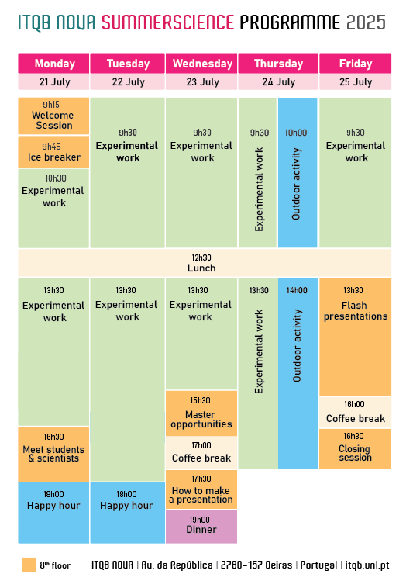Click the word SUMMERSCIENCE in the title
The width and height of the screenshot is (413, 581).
[x=167, y=22]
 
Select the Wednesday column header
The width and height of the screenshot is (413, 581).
[x=201, y=64]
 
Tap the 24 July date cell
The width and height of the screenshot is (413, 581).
[x=278, y=82]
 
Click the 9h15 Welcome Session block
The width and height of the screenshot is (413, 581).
[x=53, y=116]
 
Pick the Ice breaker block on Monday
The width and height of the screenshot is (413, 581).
[x=53, y=152]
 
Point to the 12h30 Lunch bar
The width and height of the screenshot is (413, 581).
[x=205, y=263]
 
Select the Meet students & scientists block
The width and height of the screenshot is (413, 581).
[x=53, y=454]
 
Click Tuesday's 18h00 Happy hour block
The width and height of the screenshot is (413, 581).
[x=128, y=513]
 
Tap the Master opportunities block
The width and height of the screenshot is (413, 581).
[x=201, y=413]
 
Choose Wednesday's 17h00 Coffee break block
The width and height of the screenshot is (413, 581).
[x=201, y=453]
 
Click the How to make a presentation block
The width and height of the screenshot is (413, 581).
[x=201, y=489]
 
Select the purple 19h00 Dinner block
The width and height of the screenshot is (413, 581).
[x=201, y=527]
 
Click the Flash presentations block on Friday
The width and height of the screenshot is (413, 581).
[x=355, y=337]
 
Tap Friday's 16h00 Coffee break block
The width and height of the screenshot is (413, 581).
[x=355, y=412]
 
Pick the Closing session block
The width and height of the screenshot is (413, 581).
[x=355, y=448]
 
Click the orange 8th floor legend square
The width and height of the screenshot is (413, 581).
[x=29, y=565]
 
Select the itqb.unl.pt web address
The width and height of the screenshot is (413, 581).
[x=367, y=565]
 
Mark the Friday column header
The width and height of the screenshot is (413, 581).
[x=355, y=64]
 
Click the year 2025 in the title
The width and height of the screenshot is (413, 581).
[x=366, y=22]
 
